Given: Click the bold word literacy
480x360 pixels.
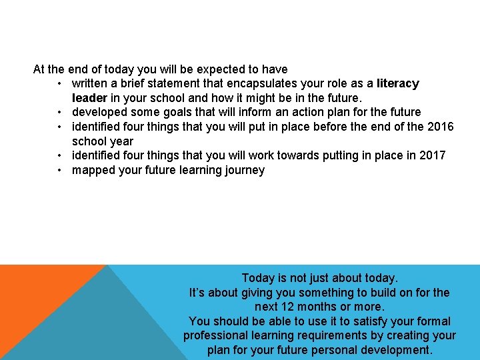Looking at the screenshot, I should pyautogui.click(x=398, y=83).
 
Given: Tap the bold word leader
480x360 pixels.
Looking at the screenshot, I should pyautogui.click(x=91, y=97).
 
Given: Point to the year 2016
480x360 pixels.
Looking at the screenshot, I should pyautogui.click(x=440, y=127).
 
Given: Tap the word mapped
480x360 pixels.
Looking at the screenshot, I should pyautogui.click(x=93, y=170).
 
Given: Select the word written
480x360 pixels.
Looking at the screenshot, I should pyautogui.click(x=91, y=83).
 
